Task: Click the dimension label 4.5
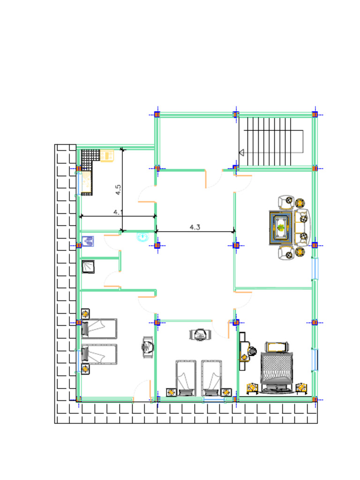[x=118, y=189]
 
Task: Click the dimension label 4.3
[x=195, y=227]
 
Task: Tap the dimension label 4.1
[x=118, y=212]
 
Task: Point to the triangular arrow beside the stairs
[x=242, y=152]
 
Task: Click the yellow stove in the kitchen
[x=107, y=156]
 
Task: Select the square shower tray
[x=88, y=267]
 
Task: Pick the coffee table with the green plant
[x=281, y=228]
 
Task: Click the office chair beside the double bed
[x=253, y=351]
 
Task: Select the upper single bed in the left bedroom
[x=99, y=329]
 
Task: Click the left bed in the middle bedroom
[x=186, y=377]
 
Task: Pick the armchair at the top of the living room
[x=285, y=202]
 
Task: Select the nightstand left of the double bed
[x=252, y=388]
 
